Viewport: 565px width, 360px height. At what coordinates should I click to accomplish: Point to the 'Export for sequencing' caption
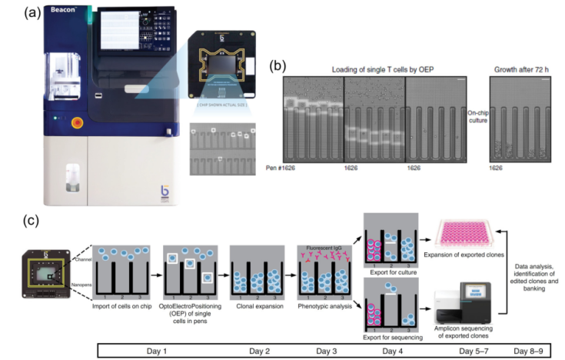click(392, 336)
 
